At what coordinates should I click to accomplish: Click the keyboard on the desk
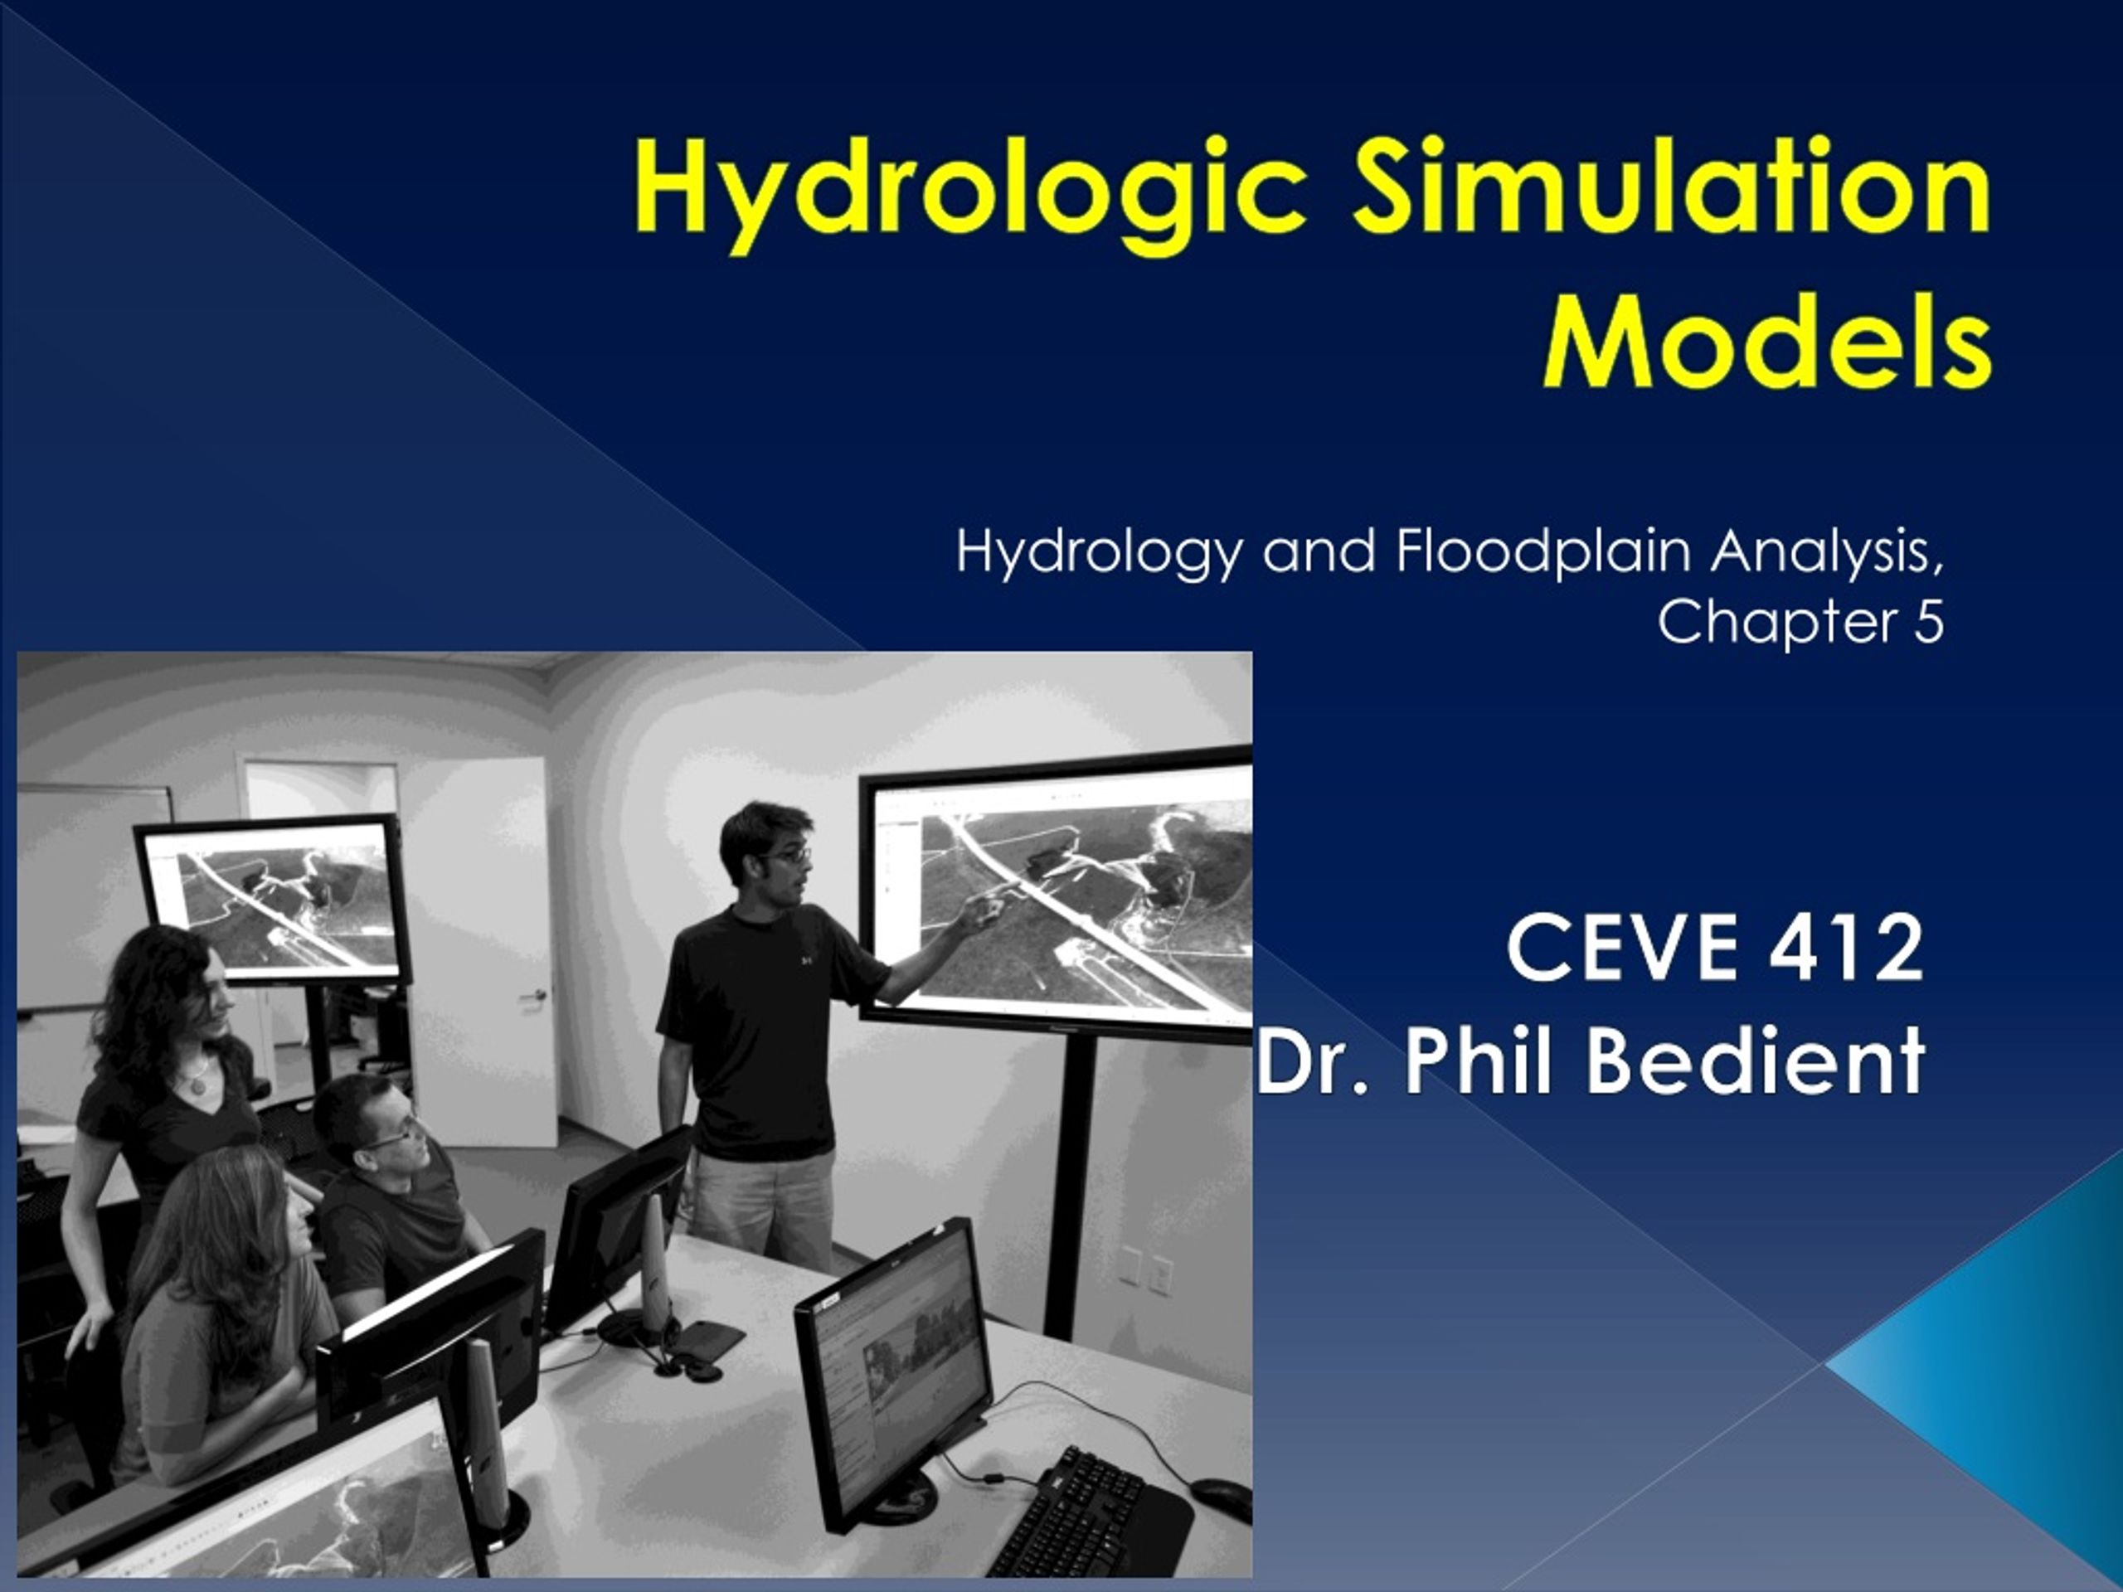point(1085,1517)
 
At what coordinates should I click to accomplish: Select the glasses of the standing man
point(789,854)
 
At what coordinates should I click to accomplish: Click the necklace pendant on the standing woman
point(197,1086)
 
